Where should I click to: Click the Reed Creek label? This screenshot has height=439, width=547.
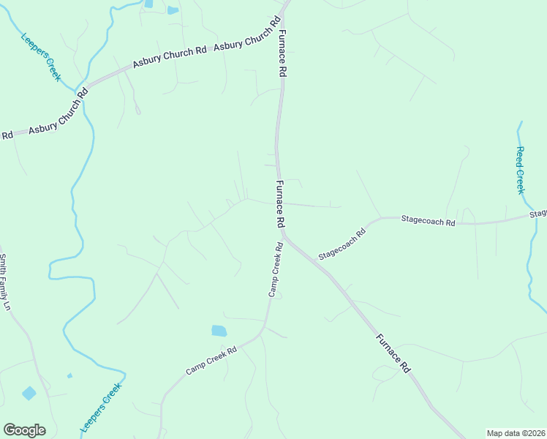(x=520, y=170)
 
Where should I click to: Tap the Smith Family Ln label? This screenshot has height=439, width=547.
(x=5, y=282)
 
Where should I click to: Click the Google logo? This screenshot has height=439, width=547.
(x=24, y=430)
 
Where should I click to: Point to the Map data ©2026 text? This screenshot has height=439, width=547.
(x=516, y=433)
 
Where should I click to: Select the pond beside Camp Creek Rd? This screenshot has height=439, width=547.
(x=219, y=331)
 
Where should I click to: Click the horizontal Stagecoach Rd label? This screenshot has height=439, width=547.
(x=428, y=220)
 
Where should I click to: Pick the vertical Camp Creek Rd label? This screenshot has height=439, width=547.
(x=275, y=269)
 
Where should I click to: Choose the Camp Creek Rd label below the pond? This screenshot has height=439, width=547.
(x=211, y=361)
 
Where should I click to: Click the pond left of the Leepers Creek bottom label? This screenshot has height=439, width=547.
(x=29, y=393)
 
